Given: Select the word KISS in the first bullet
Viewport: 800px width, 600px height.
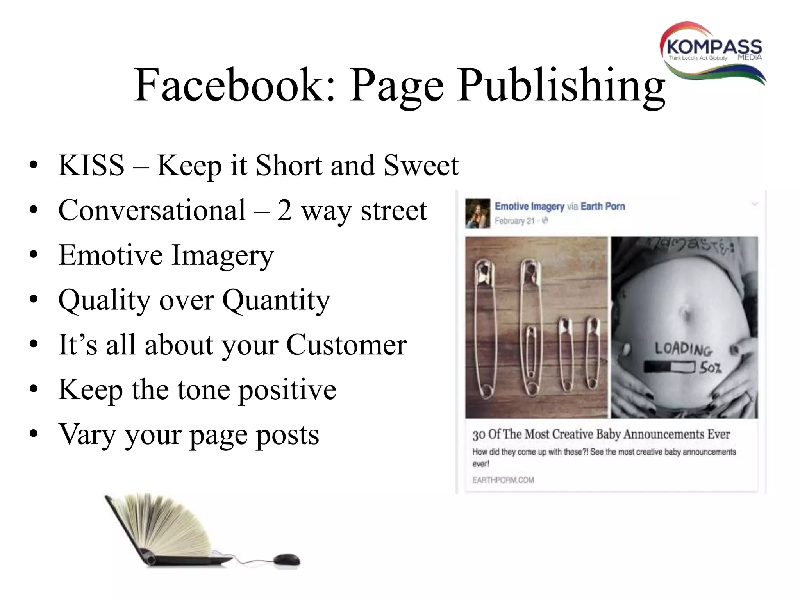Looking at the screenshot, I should (91, 166).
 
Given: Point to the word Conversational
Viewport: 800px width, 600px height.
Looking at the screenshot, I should (152, 210).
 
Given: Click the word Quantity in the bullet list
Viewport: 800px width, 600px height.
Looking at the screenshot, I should (276, 300).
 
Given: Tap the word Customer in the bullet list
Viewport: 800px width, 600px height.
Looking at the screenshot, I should (346, 345).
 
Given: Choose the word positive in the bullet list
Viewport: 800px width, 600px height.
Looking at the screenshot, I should (287, 390).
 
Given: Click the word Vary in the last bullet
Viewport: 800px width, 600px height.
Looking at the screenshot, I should (86, 434).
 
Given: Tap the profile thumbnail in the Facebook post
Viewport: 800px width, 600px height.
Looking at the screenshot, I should (477, 213).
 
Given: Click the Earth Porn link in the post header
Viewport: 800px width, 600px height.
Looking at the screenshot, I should (603, 206).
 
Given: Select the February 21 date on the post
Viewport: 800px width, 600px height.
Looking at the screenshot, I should (514, 221).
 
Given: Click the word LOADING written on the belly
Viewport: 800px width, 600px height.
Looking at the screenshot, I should (683, 348).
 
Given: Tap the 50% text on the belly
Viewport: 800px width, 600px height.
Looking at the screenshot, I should (711, 368).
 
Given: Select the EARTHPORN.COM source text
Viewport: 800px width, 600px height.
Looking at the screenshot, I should (503, 480).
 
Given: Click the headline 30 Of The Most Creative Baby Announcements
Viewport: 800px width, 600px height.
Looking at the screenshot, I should (601, 434).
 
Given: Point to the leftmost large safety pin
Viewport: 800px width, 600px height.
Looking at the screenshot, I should (484, 328).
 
